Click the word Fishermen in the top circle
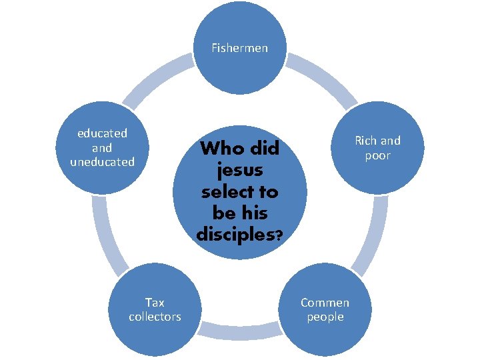pos(239,48)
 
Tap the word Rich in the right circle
pos(366,141)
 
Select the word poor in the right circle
pos(377,155)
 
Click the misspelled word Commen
pos(325,303)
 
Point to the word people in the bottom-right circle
pos(325,317)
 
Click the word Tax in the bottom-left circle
pos(155,302)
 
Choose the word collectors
pos(155,317)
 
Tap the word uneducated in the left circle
pos(102,162)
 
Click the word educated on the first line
pos(102,133)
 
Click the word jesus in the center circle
pos(239,170)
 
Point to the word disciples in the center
pos(235,235)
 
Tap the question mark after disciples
pos(278,235)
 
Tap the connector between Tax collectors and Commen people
pos(239,329)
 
